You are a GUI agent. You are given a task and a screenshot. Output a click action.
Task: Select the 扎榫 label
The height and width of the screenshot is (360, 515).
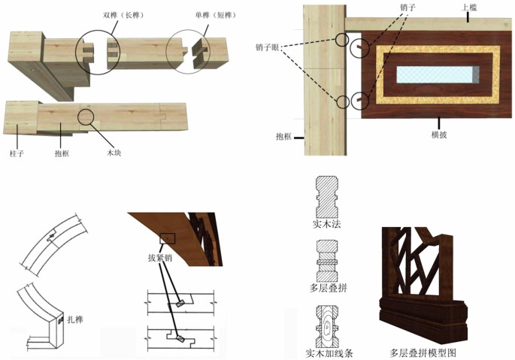click(x=74, y=319)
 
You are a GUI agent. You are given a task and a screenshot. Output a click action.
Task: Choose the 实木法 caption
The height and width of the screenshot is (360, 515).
click(x=328, y=223)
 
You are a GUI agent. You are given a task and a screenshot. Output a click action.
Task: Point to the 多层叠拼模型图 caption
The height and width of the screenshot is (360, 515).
click(x=423, y=352)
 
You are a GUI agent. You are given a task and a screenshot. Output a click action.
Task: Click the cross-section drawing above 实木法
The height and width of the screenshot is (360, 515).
click(x=328, y=196)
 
